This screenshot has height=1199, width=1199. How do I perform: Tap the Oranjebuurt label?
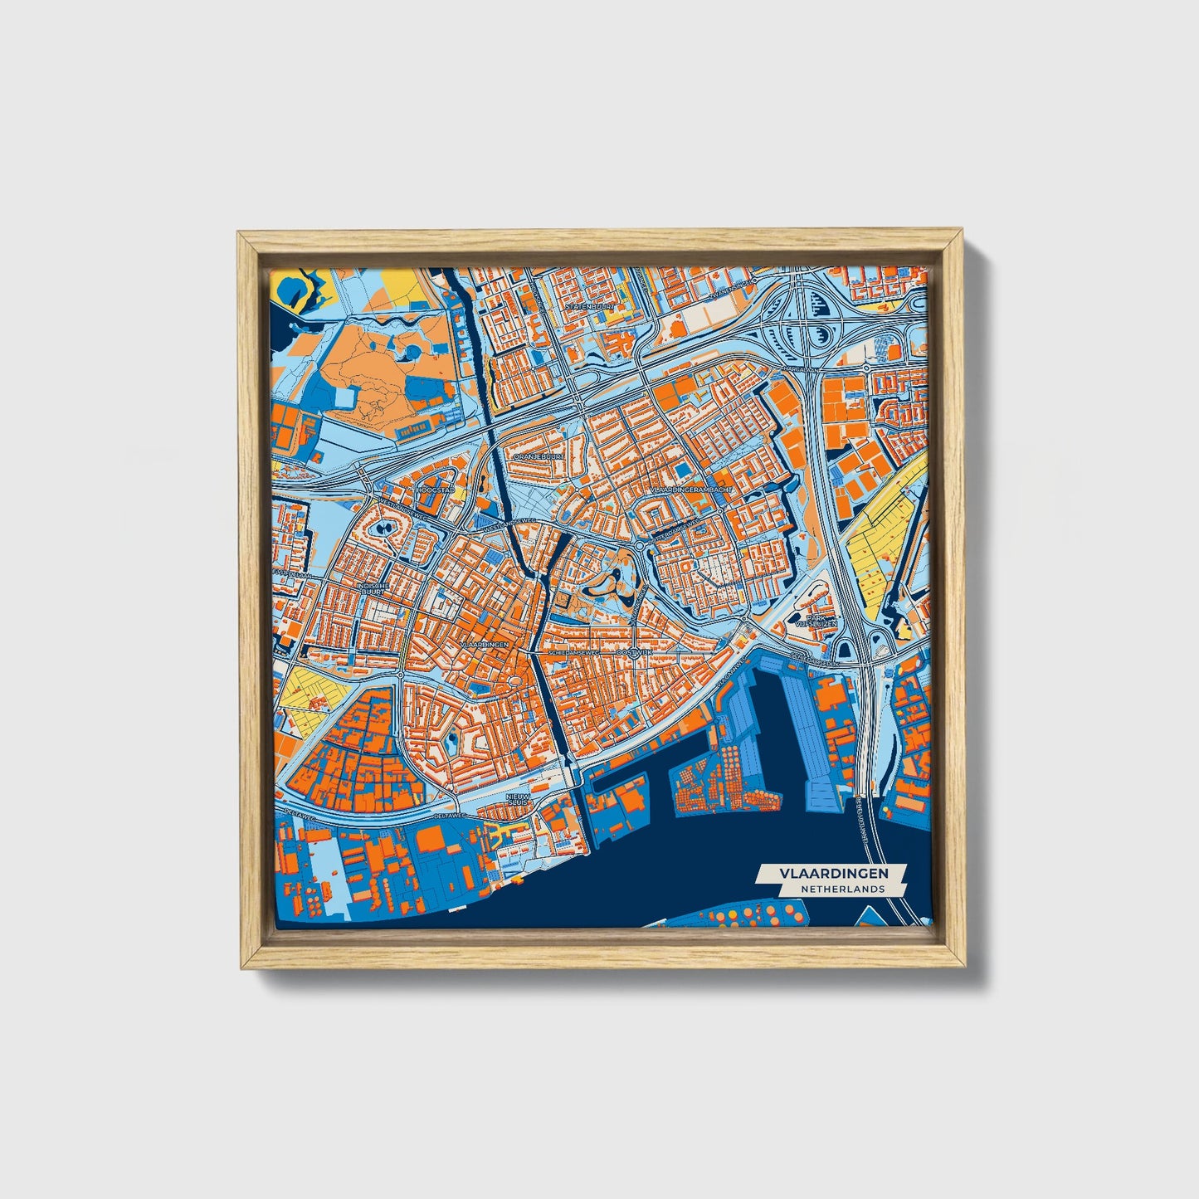(539, 456)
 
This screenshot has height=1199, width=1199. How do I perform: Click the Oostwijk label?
(637, 653)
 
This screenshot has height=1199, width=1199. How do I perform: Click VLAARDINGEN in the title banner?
(832, 874)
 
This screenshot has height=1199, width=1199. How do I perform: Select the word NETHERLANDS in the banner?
(842, 889)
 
